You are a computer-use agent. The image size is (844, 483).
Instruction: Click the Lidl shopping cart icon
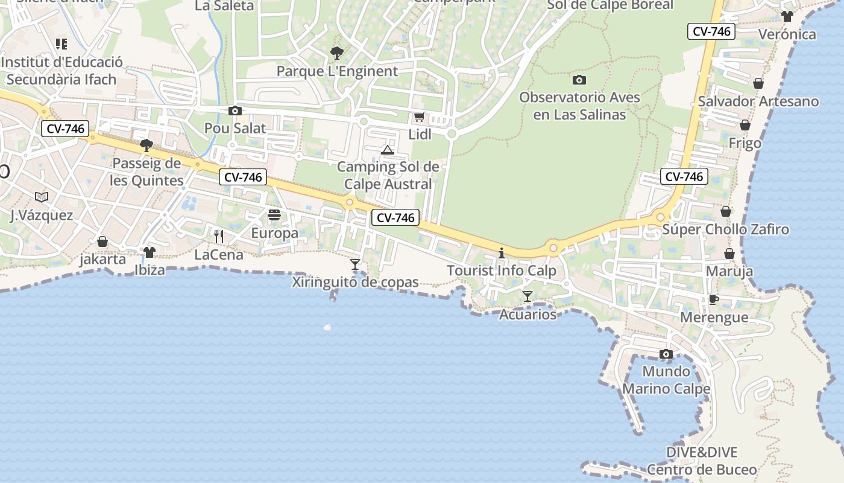tap(419, 117)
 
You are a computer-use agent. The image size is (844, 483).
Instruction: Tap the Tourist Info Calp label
tap(501, 270)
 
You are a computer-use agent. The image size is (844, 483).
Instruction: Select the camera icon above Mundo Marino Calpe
tap(666, 354)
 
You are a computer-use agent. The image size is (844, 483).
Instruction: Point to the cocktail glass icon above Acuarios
tap(527, 296)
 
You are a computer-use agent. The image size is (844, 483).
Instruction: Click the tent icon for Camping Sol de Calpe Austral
tap(388, 150)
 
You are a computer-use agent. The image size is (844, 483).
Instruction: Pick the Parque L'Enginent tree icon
tap(337, 53)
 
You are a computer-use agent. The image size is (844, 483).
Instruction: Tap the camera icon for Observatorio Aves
tap(579, 80)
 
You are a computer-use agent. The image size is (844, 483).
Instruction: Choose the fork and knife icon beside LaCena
tap(219, 236)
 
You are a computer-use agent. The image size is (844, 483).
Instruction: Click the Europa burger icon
tap(274, 215)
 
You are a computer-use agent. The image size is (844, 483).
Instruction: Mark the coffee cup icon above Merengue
tap(714, 299)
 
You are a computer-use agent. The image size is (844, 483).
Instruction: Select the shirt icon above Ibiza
tap(150, 252)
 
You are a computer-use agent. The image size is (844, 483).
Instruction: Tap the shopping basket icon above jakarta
tap(102, 241)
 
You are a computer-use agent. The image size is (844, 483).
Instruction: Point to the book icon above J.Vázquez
tap(42, 197)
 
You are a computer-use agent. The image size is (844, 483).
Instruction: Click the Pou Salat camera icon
tap(235, 110)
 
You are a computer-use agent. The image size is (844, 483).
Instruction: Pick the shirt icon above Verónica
tap(787, 16)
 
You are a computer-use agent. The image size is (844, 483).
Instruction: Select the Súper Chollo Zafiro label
tap(725, 229)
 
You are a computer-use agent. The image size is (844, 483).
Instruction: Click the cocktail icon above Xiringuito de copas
tap(355, 264)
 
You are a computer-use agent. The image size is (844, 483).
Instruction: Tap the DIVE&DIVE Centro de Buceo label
tap(702, 461)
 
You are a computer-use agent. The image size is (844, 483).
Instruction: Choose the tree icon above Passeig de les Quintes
tap(146, 145)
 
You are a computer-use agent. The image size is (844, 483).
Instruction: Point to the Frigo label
tap(745, 144)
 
